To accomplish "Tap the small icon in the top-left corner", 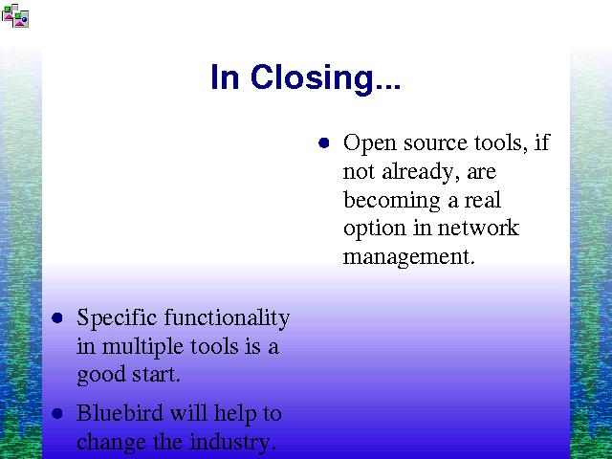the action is (x=15, y=15).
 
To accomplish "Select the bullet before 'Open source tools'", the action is (x=324, y=142).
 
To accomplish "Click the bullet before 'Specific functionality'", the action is (x=57, y=317).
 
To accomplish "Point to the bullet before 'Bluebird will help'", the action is (x=57, y=413).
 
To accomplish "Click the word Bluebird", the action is (x=120, y=412).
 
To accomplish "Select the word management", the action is (x=408, y=257).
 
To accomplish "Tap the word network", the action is (x=478, y=228).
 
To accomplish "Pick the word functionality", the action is (x=227, y=318).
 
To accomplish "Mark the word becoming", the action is (x=392, y=201).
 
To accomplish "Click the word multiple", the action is (x=142, y=347).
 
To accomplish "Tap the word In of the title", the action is (x=225, y=76).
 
